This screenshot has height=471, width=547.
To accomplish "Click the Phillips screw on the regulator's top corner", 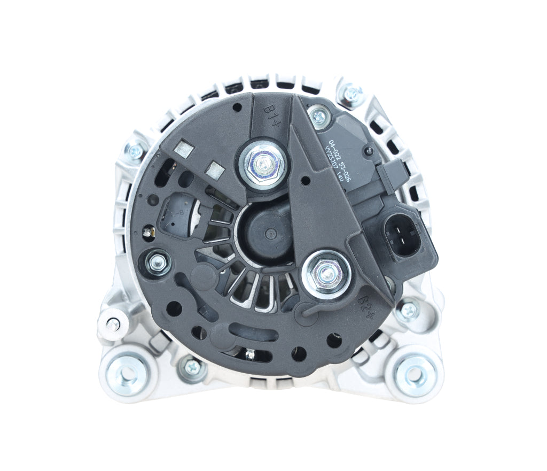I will click(x=319, y=116).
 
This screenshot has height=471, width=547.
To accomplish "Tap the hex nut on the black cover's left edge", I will click(x=157, y=261).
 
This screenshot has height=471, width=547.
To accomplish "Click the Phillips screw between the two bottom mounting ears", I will click(x=193, y=367).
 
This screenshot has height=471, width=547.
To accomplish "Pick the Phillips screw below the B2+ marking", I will click(x=409, y=309).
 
